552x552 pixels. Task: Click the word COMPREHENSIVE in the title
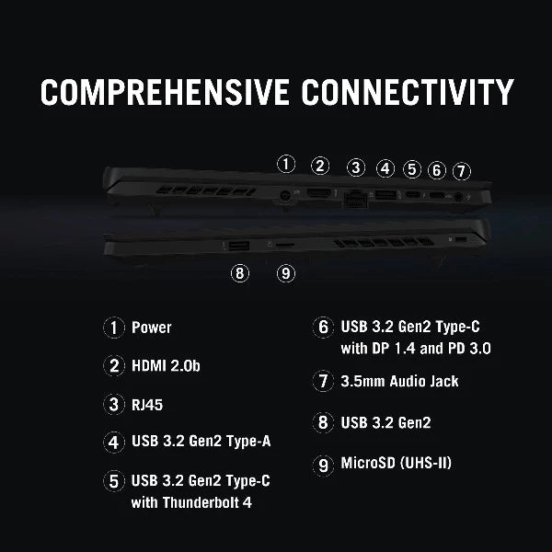click(x=165, y=92)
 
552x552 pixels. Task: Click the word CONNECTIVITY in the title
click(x=408, y=92)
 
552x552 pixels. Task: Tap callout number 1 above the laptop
click(x=286, y=164)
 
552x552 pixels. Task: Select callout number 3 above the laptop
click(x=356, y=167)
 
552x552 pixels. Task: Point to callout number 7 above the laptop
click(x=462, y=171)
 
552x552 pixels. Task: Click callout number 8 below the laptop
click(x=240, y=273)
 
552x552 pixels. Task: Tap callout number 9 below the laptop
click(x=286, y=273)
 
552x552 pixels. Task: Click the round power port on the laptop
click(x=284, y=197)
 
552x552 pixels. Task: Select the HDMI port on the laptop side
click(x=319, y=193)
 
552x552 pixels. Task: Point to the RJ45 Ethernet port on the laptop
click(x=355, y=198)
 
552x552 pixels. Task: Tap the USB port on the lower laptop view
click(x=239, y=246)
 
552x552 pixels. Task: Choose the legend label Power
click(x=152, y=328)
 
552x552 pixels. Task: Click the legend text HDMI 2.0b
click(x=166, y=366)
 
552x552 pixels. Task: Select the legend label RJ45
click(x=147, y=405)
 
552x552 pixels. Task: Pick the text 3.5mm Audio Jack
click(x=399, y=381)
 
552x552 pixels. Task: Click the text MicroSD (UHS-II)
click(x=396, y=463)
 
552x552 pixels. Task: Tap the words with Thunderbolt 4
click(x=191, y=502)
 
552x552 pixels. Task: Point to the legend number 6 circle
click(x=323, y=327)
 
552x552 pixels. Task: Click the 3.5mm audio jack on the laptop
click(x=458, y=197)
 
